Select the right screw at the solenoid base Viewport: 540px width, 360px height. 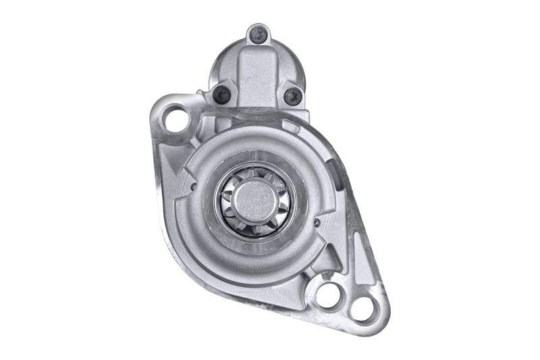(292, 96)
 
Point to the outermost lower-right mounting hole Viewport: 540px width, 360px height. (362, 309)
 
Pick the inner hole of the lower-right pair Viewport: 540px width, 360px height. (330, 294)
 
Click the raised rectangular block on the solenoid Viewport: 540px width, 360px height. (256, 74)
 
